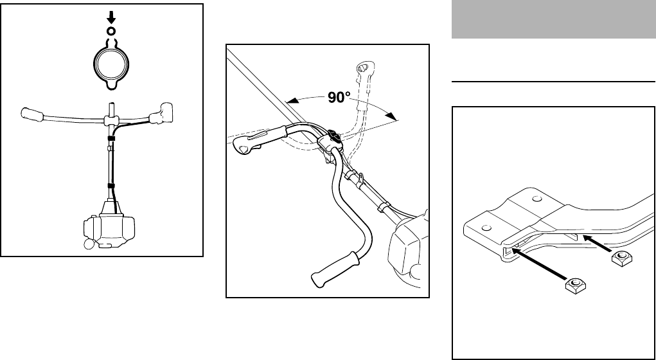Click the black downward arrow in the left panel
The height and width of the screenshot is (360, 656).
tap(111, 19)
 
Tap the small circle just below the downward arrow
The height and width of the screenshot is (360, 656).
tap(111, 30)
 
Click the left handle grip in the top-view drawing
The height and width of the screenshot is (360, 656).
tap(33, 115)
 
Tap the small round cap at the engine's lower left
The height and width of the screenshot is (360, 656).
tap(88, 244)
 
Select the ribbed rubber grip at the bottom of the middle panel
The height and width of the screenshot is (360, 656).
tap(334, 269)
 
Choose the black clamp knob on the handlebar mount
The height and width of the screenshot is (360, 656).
tap(335, 136)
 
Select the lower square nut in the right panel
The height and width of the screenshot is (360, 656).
tap(573, 285)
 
